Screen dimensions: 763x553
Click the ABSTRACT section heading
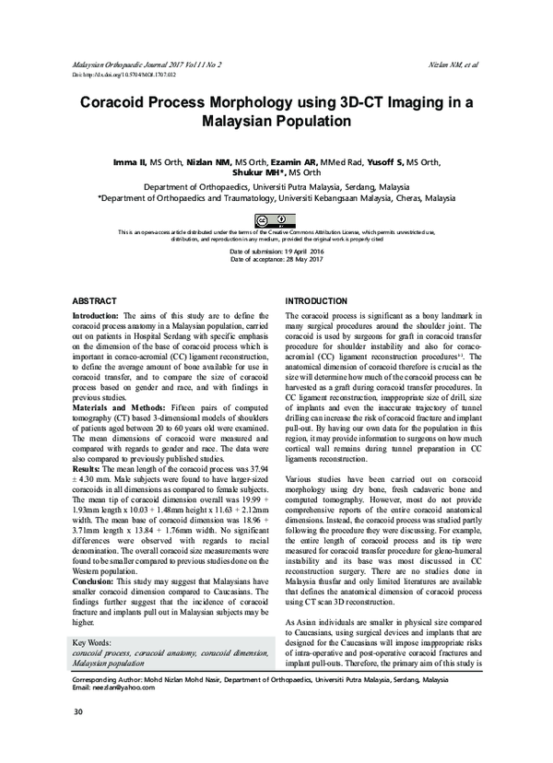tap(94, 301)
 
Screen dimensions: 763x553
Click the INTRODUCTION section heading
tap(317, 301)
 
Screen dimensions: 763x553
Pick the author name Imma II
tap(129, 161)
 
